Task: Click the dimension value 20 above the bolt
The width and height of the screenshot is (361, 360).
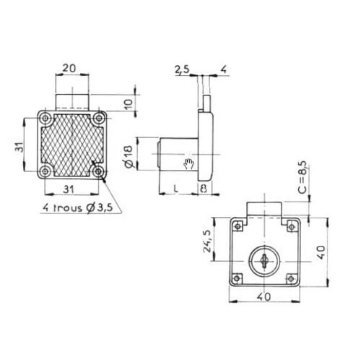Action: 69,69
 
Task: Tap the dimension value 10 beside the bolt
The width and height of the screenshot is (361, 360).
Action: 129,104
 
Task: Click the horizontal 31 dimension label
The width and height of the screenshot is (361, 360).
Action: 69,189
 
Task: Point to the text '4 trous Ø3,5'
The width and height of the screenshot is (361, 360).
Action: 78,207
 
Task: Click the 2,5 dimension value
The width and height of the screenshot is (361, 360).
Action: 182,70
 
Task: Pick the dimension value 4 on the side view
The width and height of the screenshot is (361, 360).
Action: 224,69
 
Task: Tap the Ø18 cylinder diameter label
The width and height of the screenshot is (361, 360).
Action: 128,157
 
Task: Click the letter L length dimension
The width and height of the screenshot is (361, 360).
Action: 176,189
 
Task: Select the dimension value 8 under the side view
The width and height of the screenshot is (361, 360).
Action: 204,189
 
